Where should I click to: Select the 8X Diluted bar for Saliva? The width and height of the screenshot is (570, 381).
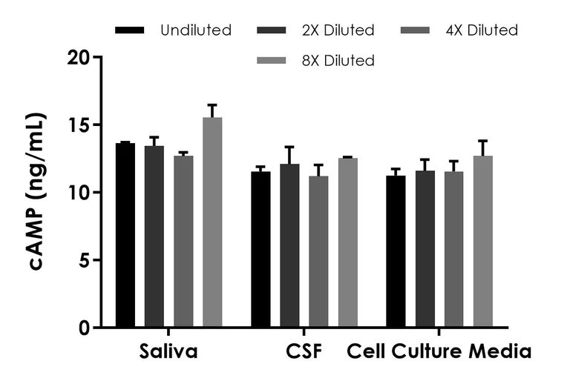tap(212, 222)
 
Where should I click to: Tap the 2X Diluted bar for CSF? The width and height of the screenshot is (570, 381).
tap(289, 245)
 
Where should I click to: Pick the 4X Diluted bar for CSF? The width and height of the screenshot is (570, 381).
tap(318, 251)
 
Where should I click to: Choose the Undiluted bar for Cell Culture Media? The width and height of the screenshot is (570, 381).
tap(396, 251)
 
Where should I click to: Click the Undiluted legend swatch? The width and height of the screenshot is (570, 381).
tap(130, 30)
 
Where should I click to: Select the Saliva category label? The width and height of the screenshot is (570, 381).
tap(168, 351)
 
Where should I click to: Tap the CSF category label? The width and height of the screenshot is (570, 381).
tap(303, 351)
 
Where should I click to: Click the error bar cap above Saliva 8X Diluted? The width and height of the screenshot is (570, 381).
tap(212, 105)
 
